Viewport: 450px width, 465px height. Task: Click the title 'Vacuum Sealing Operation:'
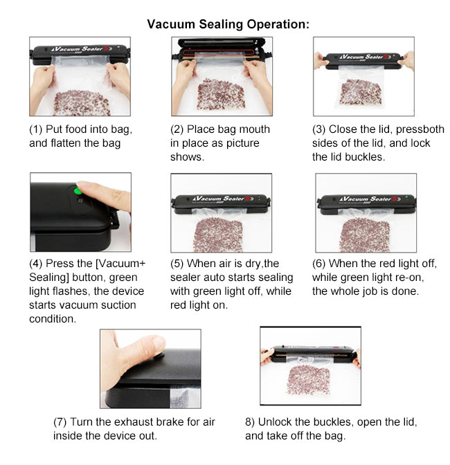click(228, 24)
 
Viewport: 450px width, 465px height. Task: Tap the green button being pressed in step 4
click(78, 191)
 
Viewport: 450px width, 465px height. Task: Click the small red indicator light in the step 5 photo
click(260, 199)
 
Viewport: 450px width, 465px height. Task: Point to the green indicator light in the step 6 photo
click(406, 197)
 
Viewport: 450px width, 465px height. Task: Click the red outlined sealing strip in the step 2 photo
click(218, 53)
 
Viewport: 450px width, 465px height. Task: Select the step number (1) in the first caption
click(35, 129)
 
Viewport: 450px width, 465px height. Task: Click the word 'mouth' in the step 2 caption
click(254, 129)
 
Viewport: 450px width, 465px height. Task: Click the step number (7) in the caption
click(60, 422)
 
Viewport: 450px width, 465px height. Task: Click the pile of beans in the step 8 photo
click(308, 380)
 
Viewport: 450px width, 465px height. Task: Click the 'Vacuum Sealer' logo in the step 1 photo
click(81, 48)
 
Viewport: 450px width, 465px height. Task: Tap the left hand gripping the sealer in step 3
click(321, 60)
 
